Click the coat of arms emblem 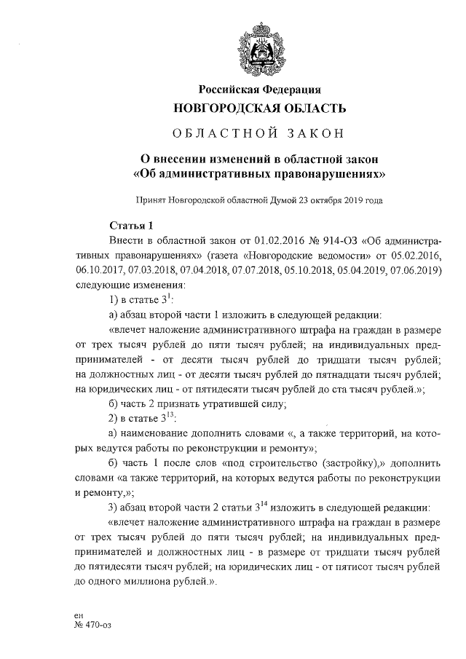point(261,47)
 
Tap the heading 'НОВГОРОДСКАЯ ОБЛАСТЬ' point(260,108)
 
